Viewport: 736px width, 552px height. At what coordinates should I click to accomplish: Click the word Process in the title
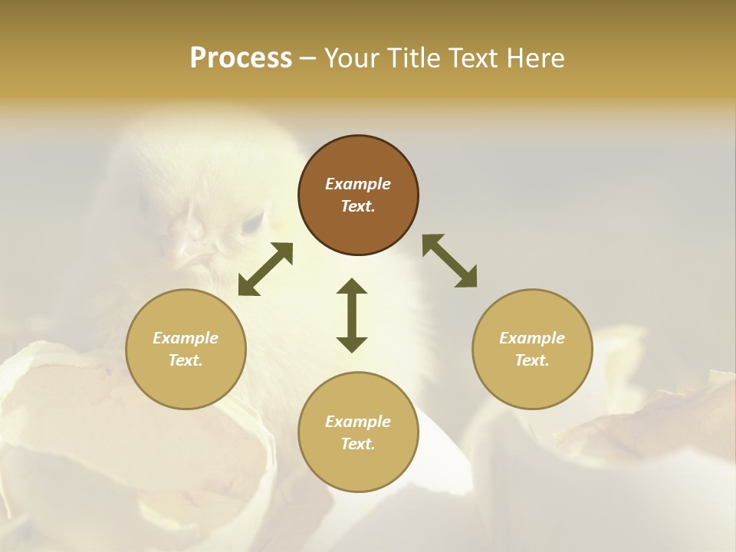coord(241,58)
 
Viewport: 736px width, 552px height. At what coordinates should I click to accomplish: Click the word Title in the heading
coord(412,58)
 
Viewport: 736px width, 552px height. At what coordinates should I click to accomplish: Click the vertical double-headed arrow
coord(352,315)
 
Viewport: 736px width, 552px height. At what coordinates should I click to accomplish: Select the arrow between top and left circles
coord(265,269)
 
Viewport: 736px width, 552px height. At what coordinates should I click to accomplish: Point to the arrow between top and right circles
coord(450,261)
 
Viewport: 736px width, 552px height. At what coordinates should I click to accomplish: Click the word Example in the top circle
coord(358,184)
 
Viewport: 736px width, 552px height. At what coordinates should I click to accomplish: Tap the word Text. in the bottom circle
coord(358,444)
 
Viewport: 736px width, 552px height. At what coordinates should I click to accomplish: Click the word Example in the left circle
coord(186,338)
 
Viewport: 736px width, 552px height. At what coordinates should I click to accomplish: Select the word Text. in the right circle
coord(532,360)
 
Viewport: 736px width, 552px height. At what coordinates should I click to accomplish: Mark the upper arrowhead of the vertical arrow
coord(352,286)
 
